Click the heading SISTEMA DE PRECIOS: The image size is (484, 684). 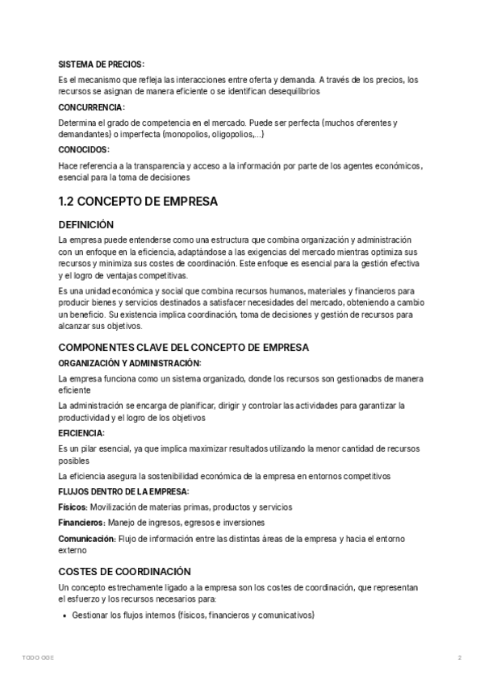click(102, 65)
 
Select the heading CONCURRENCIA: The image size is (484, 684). click(92, 107)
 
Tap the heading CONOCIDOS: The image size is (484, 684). click(85, 149)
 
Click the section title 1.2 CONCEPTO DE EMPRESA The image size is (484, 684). click(138, 202)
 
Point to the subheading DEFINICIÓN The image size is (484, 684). click(86, 225)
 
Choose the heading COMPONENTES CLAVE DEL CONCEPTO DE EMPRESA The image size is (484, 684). click(184, 347)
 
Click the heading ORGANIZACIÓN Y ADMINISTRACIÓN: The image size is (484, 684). click(131, 363)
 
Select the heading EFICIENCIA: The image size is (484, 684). click(81, 433)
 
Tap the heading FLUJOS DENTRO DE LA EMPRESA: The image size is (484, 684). click(124, 490)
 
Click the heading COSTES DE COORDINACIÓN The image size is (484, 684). click(125, 571)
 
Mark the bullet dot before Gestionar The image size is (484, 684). click(65, 616)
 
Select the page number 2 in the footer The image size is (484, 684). click(459, 658)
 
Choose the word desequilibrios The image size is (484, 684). click(288, 91)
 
